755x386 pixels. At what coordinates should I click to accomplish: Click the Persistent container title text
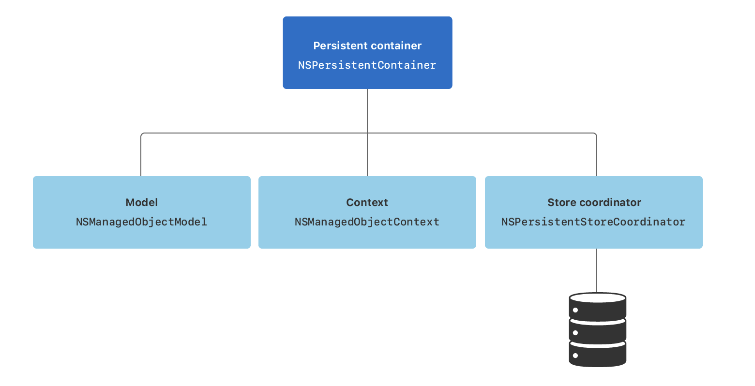pyautogui.click(x=367, y=45)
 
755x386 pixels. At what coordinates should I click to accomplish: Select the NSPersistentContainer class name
pyautogui.click(x=367, y=65)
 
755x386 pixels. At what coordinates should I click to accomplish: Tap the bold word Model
pyautogui.click(x=141, y=202)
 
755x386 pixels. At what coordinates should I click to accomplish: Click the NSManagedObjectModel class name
pyautogui.click(x=141, y=222)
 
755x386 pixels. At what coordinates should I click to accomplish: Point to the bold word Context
pyautogui.click(x=367, y=202)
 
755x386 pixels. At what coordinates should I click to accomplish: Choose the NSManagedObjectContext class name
pyautogui.click(x=367, y=222)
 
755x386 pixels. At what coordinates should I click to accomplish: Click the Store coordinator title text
pyautogui.click(x=594, y=202)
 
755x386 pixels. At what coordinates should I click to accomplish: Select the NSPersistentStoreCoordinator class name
pyautogui.click(x=593, y=222)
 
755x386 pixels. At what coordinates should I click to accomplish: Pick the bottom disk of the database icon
pyautogui.click(x=597, y=354)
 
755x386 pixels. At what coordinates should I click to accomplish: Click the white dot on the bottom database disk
pyautogui.click(x=575, y=356)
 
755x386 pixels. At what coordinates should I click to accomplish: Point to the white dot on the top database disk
pyautogui.click(x=575, y=311)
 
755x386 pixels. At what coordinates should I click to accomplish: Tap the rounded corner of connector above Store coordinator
pyautogui.click(x=595, y=134)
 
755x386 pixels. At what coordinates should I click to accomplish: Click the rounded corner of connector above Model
pyautogui.click(x=142, y=134)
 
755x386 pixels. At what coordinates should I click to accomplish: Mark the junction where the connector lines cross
pyautogui.click(x=367, y=133)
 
